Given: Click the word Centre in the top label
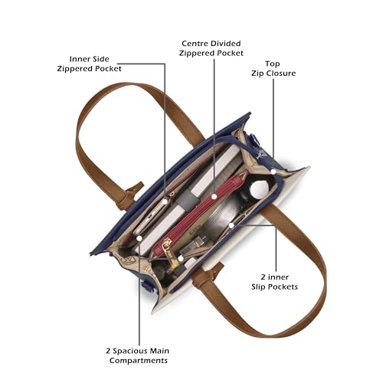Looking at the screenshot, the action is tap(195, 44).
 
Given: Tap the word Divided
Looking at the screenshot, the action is tap(225, 44).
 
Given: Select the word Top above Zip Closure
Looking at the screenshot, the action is tap(272, 64).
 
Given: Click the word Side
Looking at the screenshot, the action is tap(100, 59).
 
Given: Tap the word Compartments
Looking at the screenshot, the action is tap(139, 361).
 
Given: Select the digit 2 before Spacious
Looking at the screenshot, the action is tap(108, 351).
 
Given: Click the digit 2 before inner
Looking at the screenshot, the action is tap(263, 277).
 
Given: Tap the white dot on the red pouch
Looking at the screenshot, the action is tap(214, 196).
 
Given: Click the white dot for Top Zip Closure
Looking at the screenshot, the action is tap(273, 172).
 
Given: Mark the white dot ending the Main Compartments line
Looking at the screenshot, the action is tap(139, 238).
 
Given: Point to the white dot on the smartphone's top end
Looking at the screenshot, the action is tap(165, 201).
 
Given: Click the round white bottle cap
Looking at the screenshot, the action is tap(260, 189).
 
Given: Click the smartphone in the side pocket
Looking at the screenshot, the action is tap(151, 217).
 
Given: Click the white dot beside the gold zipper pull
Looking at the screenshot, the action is tap(180, 258).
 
